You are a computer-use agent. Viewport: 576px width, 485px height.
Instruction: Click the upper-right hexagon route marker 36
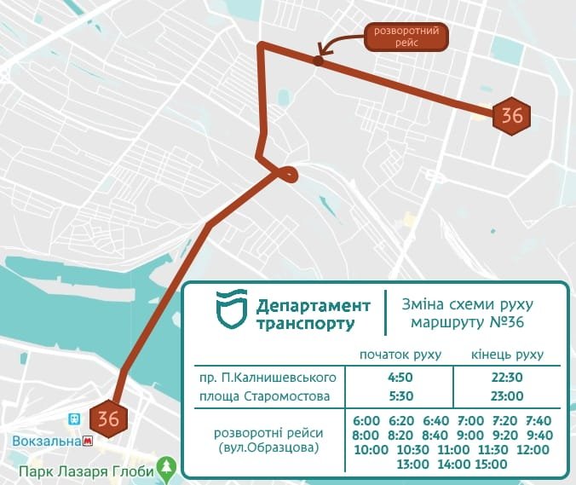(x=511, y=116)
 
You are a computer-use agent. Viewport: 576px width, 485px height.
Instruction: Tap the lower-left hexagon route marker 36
(x=109, y=419)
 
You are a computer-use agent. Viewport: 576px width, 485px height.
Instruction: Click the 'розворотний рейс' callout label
(x=406, y=37)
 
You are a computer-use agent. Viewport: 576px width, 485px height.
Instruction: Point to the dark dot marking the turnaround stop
(x=318, y=61)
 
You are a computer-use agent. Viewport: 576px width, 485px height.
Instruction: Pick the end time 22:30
(x=508, y=377)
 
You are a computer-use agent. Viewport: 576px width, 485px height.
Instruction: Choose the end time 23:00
(x=508, y=396)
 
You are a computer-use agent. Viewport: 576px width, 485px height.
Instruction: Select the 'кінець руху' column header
(x=508, y=355)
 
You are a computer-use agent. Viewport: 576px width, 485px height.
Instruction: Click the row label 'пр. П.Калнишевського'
(x=268, y=377)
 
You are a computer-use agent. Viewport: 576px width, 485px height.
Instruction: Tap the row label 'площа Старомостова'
(x=268, y=396)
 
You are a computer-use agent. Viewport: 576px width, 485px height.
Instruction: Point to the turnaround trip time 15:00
(x=490, y=464)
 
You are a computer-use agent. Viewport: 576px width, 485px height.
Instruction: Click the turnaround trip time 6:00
(x=366, y=420)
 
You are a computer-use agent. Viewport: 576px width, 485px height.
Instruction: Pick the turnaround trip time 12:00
(x=533, y=449)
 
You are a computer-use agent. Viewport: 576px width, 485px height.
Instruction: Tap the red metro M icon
(x=87, y=441)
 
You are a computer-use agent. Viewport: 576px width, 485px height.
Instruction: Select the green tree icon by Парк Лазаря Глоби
(x=169, y=466)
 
